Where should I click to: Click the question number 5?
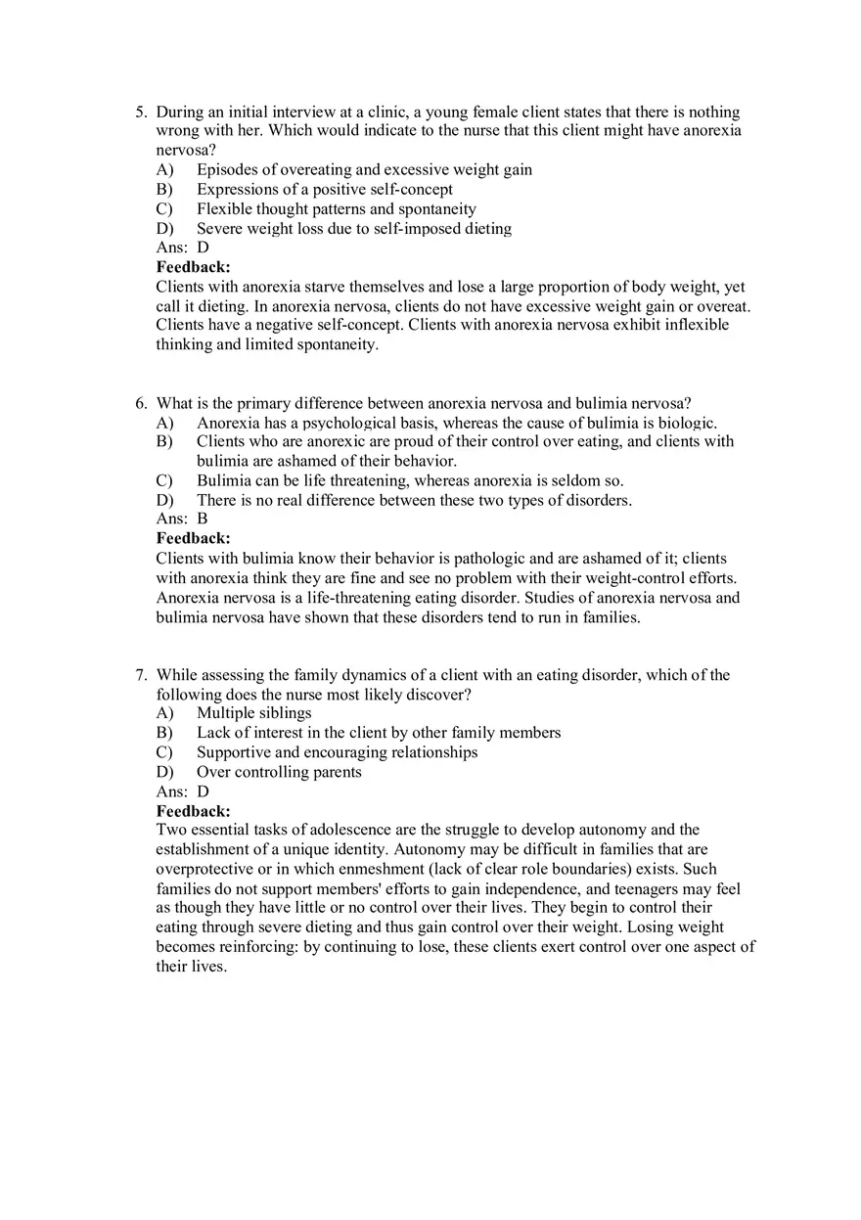140,113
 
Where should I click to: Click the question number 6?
140,403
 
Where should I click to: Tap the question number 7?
140,675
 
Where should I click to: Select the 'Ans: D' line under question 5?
183,248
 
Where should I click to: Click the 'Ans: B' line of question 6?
182,520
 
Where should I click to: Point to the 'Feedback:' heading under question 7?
194,811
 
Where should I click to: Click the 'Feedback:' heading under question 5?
194,267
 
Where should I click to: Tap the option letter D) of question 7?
164,772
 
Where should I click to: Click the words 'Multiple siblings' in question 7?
253,713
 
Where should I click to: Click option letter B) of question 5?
164,190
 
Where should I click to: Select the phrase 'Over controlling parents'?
279,772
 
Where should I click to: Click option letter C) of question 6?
164,480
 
